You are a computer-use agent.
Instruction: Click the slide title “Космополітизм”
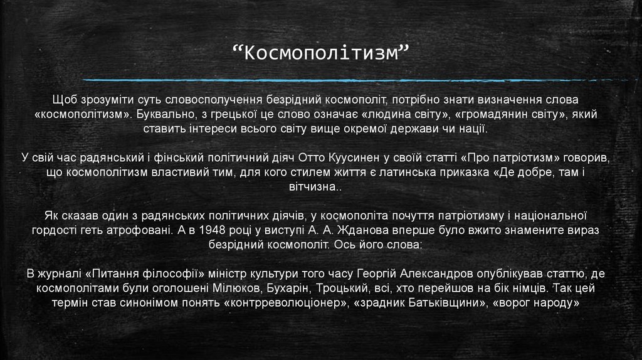coord(320,53)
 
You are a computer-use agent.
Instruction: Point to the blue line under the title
coord(351,80)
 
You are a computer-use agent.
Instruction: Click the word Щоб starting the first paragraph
coord(65,100)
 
